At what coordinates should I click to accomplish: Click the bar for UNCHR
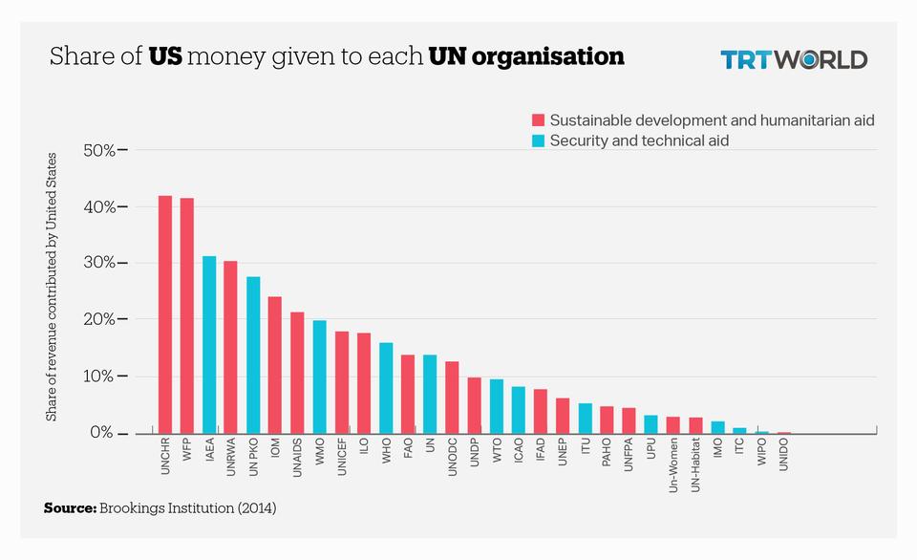coord(165,314)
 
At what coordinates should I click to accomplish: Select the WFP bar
coord(187,315)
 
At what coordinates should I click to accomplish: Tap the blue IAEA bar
coord(209,344)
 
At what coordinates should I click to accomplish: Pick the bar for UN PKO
coord(253,355)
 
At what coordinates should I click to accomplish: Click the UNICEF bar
coord(341,382)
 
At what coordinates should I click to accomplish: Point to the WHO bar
coord(386,387)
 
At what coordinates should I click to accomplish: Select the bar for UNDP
coord(474,405)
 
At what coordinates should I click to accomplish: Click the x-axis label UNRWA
coord(231,458)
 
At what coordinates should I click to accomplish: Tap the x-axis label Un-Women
coord(672,463)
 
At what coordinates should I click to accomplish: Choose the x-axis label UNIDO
coord(783,457)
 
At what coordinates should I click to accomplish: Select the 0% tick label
coord(102,433)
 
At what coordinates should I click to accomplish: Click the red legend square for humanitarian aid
coord(538,120)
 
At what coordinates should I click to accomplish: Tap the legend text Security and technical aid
coord(639,140)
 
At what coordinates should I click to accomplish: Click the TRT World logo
coord(793,59)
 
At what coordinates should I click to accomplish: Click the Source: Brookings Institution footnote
coord(160,508)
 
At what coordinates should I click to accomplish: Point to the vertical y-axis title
coord(52,287)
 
